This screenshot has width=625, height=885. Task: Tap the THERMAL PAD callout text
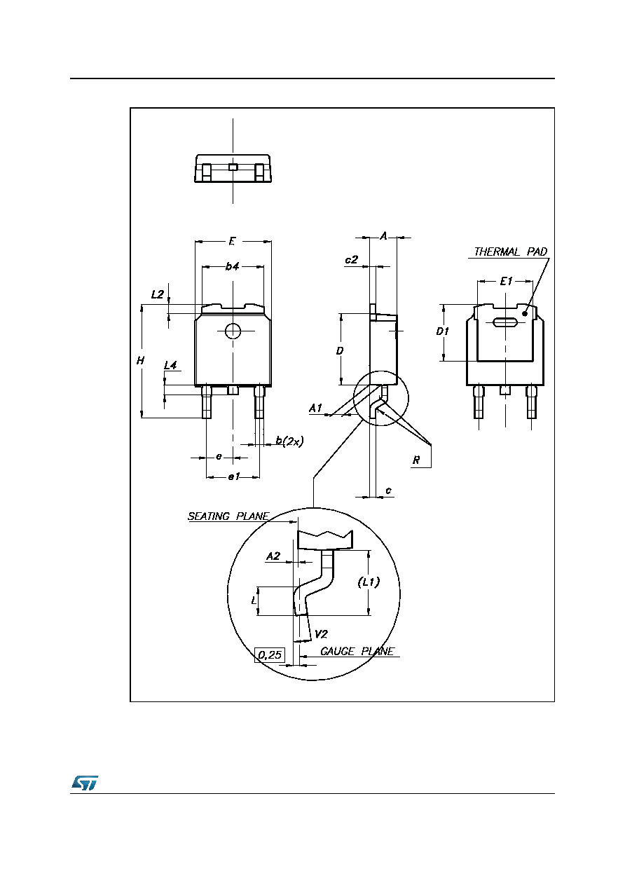coord(510,252)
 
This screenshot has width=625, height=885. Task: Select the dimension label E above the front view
coord(233,240)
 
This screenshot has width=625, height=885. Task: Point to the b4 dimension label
coord(233,267)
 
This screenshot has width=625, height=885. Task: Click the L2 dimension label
coord(157,294)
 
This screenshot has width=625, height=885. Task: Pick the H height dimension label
coord(140,360)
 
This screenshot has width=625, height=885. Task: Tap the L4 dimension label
coord(170,366)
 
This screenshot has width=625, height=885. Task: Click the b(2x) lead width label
coord(289,441)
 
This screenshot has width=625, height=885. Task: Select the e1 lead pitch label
coord(234,477)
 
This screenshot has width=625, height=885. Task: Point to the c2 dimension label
coord(351,259)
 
